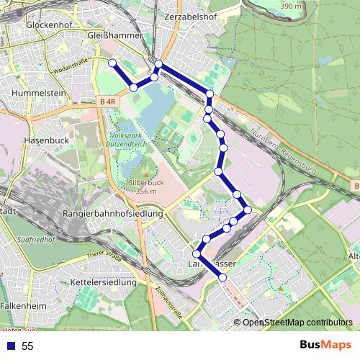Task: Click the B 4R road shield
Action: point(106,103)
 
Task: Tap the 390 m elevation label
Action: point(291,6)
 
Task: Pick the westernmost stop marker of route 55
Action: point(112,64)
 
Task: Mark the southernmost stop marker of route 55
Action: point(222,277)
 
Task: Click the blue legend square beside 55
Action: point(9,346)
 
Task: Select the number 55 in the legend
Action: point(28,346)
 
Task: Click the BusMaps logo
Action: point(325,345)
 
